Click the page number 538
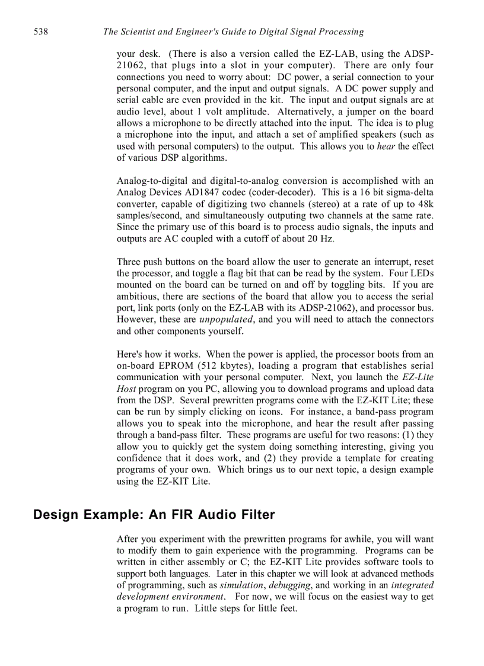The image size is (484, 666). [40, 31]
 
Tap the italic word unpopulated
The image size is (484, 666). [227, 320]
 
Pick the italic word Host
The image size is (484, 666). [127, 389]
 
